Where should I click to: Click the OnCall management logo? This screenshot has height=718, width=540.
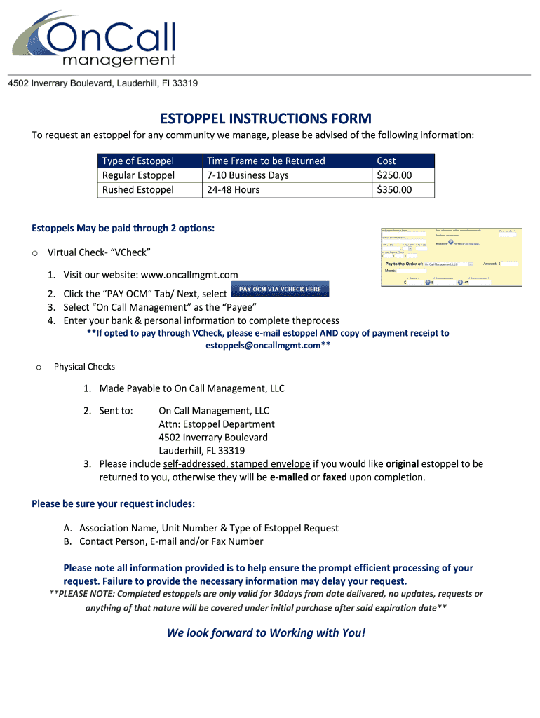click(x=95, y=41)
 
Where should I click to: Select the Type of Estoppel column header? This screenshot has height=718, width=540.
click(x=138, y=161)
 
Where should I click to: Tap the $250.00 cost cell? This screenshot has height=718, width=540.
click(x=394, y=175)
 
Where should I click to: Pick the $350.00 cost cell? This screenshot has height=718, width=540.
click(x=394, y=189)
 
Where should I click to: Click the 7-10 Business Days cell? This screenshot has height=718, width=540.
click(x=248, y=175)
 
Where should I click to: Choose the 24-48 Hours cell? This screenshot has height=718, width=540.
click(x=233, y=189)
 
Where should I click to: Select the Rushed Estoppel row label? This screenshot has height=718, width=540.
click(x=138, y=189)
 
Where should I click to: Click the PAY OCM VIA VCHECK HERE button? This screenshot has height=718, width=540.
click(x=280, y=289)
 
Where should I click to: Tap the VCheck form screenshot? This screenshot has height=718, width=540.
click(x=451, y=257)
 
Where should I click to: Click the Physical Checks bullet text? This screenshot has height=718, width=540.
click(x=84, y=367)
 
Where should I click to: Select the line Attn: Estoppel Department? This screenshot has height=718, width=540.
click(x=217, y=424)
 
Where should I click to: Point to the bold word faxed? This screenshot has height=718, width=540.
click(x=335, y=477)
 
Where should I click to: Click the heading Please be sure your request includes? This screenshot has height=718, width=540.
click(x=114, y=503)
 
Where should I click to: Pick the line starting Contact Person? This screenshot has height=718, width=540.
click(x=171, y=541)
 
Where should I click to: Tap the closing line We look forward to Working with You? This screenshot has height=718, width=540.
click(x=266, y=633)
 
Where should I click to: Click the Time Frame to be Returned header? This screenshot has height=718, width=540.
click(x=266, y=161)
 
